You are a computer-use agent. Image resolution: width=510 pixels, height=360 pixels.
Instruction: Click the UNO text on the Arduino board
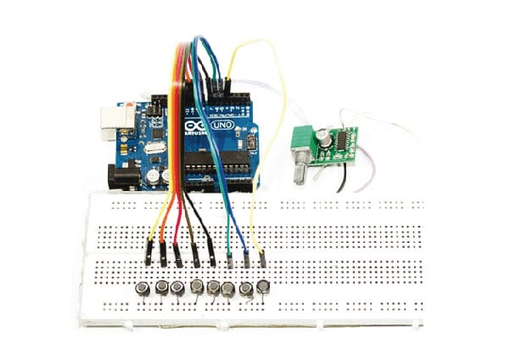pyautogui.click(x=223, y=124)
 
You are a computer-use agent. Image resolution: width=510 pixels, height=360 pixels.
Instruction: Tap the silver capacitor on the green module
pyautogui.click(x=325, y=135)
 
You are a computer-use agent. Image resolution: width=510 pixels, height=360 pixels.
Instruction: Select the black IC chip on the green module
pyautogui.click(x=345, y=138)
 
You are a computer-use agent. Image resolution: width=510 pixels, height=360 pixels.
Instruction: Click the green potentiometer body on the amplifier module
pyautogui.click(x=302, y=142)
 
